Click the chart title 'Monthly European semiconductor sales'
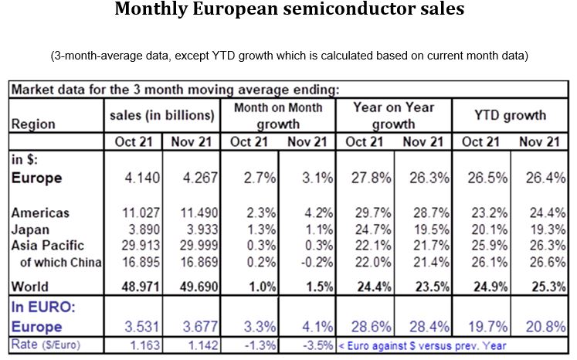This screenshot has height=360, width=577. [x=288, y=11]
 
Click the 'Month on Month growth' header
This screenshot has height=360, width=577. [x=278, y=115]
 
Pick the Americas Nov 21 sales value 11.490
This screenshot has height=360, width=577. [x=194, y=213]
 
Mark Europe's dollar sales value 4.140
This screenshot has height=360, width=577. [x=138, y=178]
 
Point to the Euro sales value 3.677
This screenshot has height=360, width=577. [x=194, y=325]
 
